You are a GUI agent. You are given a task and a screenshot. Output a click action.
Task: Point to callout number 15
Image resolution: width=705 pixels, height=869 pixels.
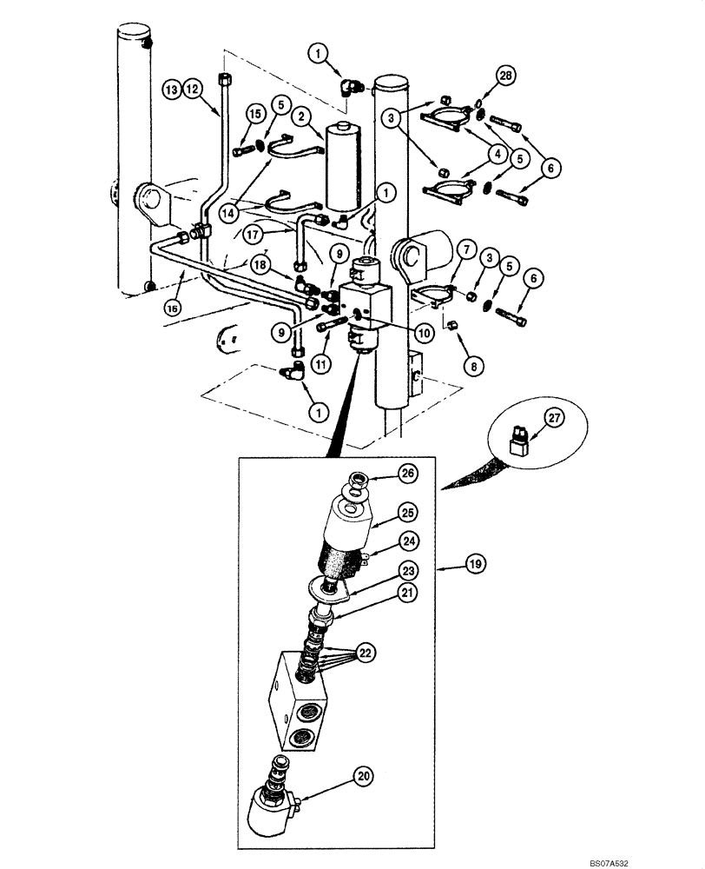(230, 114)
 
